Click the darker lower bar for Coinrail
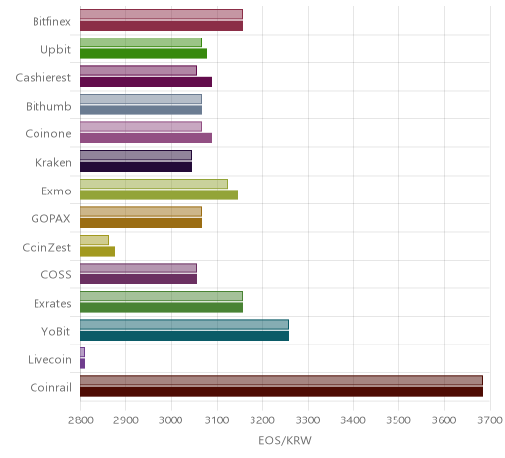pyautogui.click(x=281, y=392)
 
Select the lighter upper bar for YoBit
pyautogui.click(x=184, y=324)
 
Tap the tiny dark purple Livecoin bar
pyautogui.click(x=82, y=363)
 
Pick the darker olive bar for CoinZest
pyautogui.click(x=98, y=251)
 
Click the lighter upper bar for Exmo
pyautogui.click(x=154, y=184)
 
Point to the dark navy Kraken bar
pyautogui.click(x=136, y=167)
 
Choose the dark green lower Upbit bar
pyautogui.click(x=143, y=53)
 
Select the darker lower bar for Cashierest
pyautogui.click(x=146, y=82)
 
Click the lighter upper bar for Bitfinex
pyautogui.click(x=161, y=14)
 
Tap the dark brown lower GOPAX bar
pyautogui.click(x=141, y=223)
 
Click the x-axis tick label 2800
pyautogui.click(x=80, y=420)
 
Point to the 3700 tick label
pyautogui.click(x=490, y=420)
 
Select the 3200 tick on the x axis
pyautogui.click(x=262, y=420)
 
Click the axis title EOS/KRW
pyautogui.click(x=285, y=440)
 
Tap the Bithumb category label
pyautogui.click(x=48, y=106)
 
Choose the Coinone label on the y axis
pyautogui.click(x=48, y=134)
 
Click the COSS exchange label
pyautogui.click(x=56, y=274)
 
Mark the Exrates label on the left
pyautogui.click(x=52, y=303)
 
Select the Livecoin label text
pyautogui.click(x=49, y=359)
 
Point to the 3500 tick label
pyautogui.click(x=398, y=420)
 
